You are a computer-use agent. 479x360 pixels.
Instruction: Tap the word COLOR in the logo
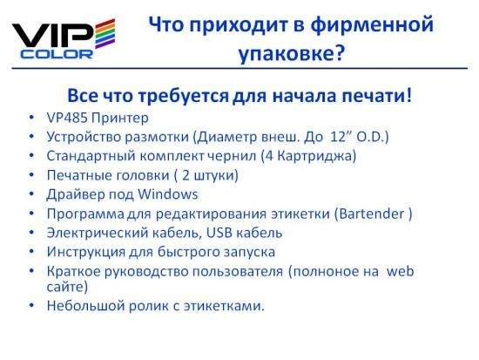57,54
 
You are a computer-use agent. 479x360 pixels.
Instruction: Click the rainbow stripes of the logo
105,34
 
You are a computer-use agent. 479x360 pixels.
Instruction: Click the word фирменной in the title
373,24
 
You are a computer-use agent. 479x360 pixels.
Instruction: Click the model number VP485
67,118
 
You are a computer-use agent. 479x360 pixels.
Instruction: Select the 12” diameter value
340,136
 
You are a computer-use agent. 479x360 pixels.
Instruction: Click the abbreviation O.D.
370,137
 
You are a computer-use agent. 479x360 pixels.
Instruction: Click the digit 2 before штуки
186,175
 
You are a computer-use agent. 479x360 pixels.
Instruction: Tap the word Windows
168,194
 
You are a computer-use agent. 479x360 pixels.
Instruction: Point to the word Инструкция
86,252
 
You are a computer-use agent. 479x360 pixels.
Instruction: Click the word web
401,271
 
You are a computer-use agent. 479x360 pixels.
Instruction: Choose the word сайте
65,287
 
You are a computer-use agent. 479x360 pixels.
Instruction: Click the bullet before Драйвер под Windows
31,194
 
